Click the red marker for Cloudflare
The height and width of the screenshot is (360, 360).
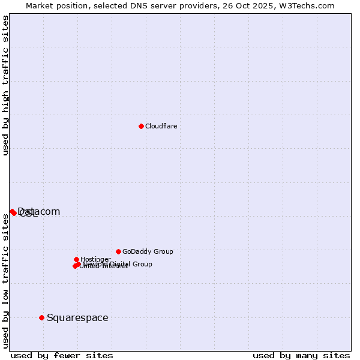(x=141, y=126)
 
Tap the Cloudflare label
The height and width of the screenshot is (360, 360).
(x=161, y=126)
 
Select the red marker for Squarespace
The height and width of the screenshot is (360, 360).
(x=41, y=317)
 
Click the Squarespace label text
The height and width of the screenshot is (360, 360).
(x=77, y=317)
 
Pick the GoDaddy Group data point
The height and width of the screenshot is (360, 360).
(x=118, y=251)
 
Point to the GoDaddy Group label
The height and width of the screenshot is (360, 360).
(x=148, y=251)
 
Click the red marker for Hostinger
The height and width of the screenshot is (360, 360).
(x=76, y=259)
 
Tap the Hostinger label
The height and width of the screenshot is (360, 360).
(x=95, y=259)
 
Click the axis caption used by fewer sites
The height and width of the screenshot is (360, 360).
(x=62, y=355)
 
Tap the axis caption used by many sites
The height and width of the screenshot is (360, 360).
(x=301, y=355)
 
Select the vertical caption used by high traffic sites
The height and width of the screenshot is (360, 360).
(x=5, y=85)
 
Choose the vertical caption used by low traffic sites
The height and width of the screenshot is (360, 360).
(x=5, y=281)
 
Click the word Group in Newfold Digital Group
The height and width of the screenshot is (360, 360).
(x=142, y=264)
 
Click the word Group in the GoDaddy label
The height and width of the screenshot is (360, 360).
(x=163, y=251)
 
